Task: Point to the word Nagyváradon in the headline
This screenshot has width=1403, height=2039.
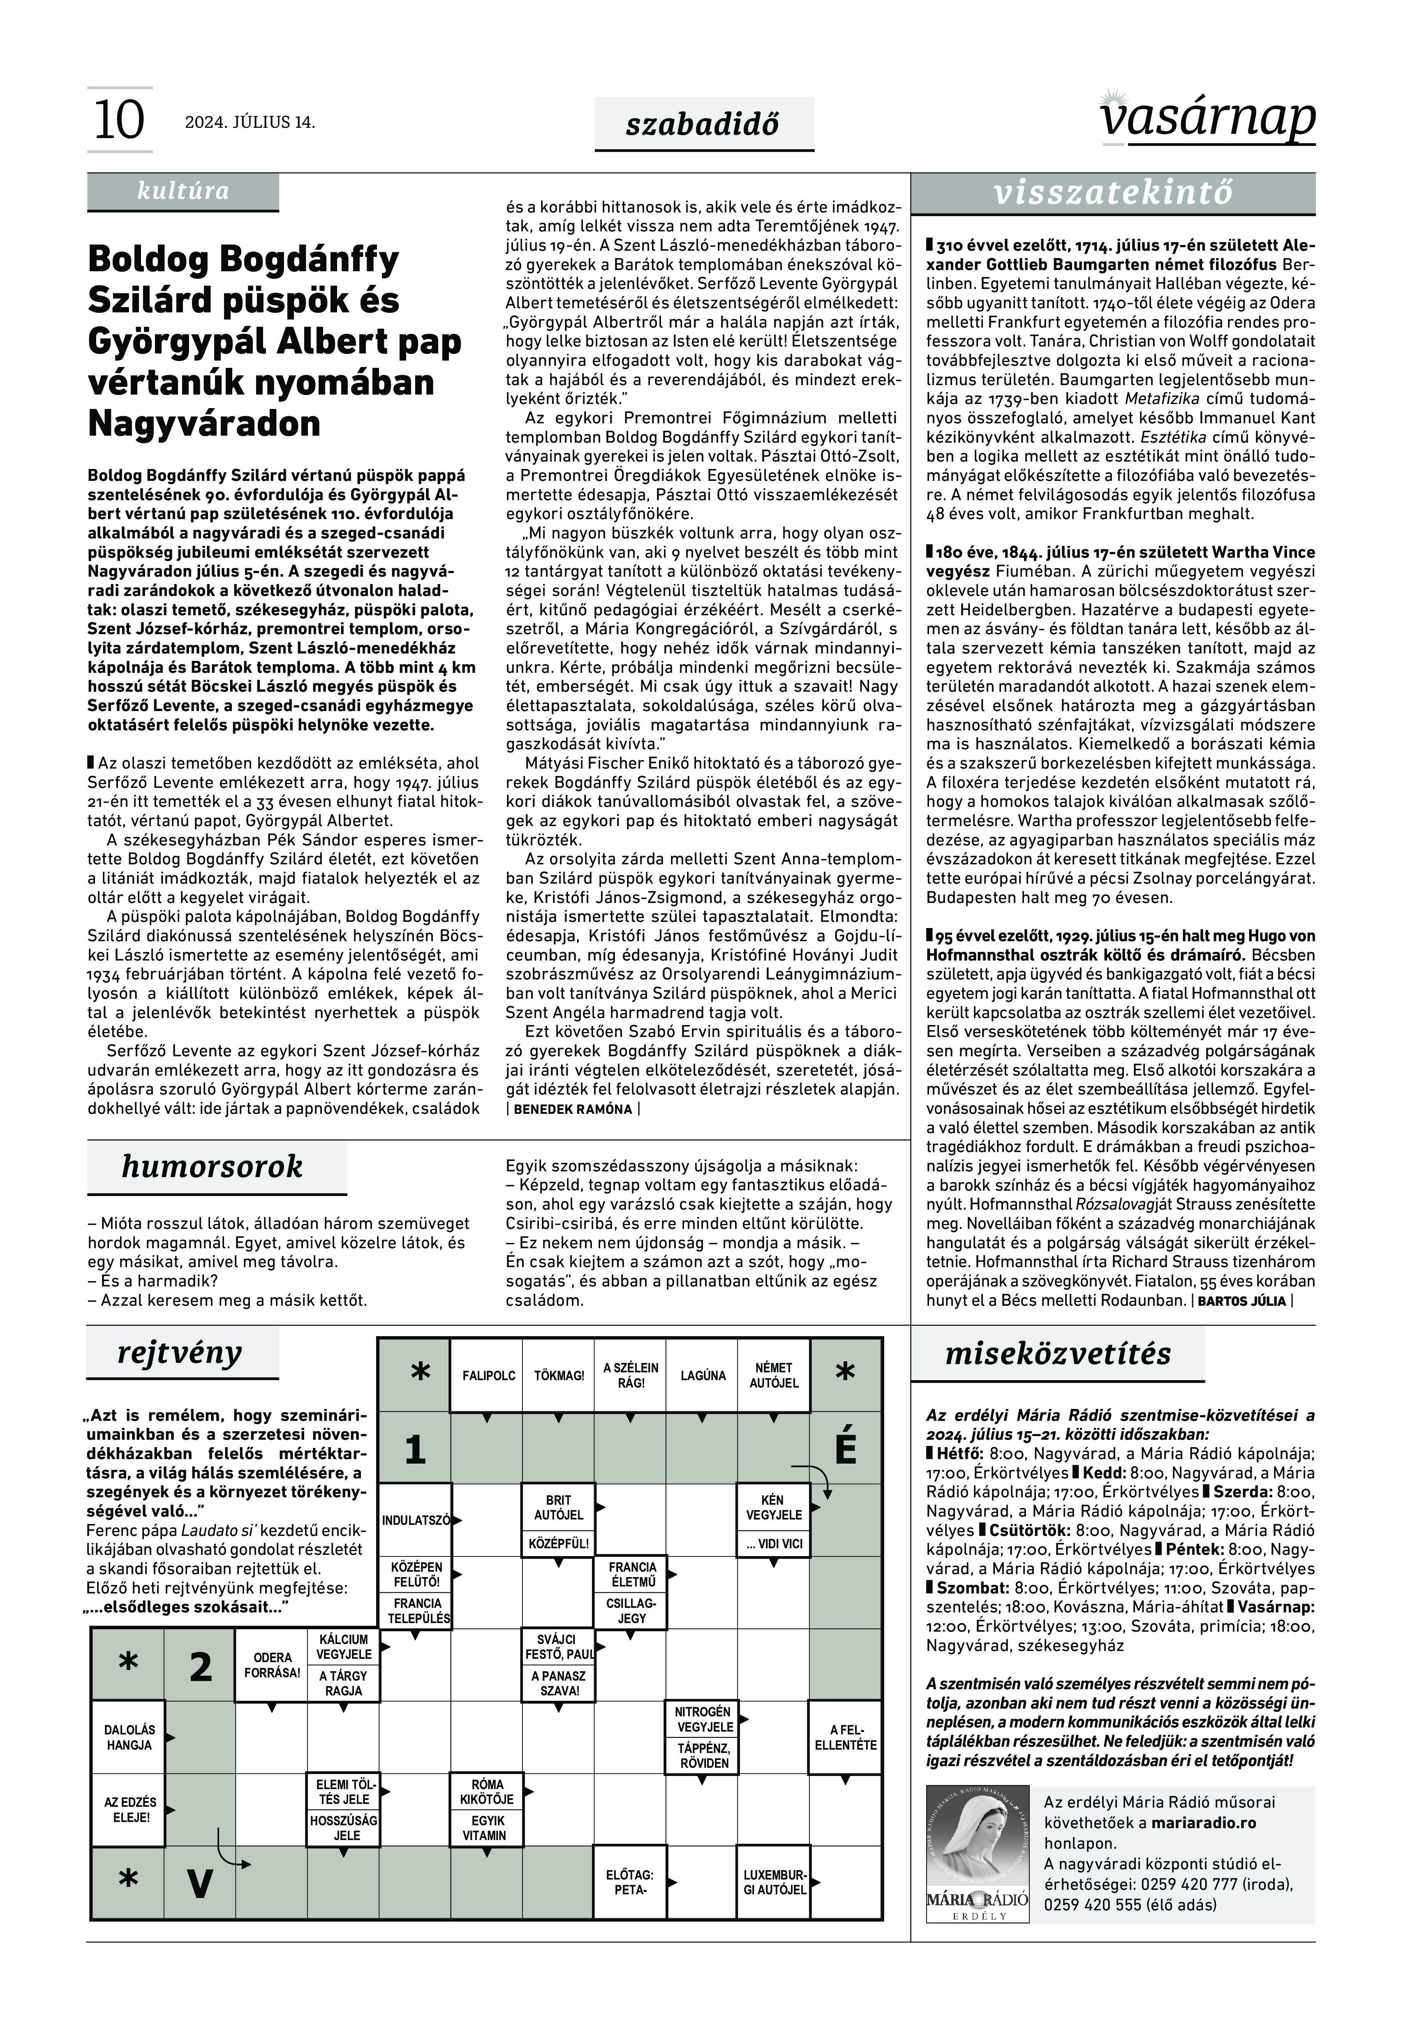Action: (204, 424)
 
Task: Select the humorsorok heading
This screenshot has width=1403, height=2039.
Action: (212, 1166)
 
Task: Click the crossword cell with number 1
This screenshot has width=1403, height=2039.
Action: (415, 1448)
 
